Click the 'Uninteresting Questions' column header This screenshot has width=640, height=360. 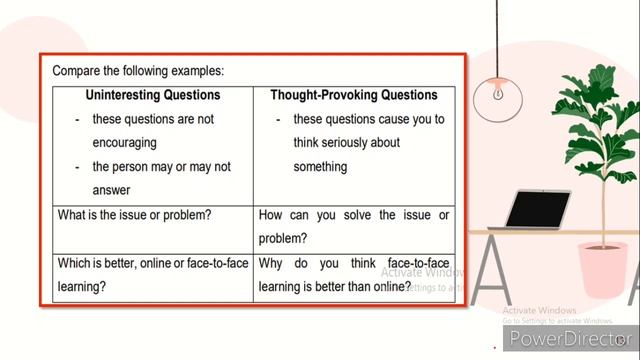[153, 96]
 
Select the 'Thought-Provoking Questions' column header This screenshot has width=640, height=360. [354, 96]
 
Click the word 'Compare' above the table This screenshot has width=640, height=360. [79, 71]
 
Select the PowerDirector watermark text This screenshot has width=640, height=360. [567, 340]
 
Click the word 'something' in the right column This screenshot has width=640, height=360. [320, 167]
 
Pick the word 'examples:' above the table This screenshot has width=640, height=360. [195, 71]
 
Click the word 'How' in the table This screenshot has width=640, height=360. [272, 215]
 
